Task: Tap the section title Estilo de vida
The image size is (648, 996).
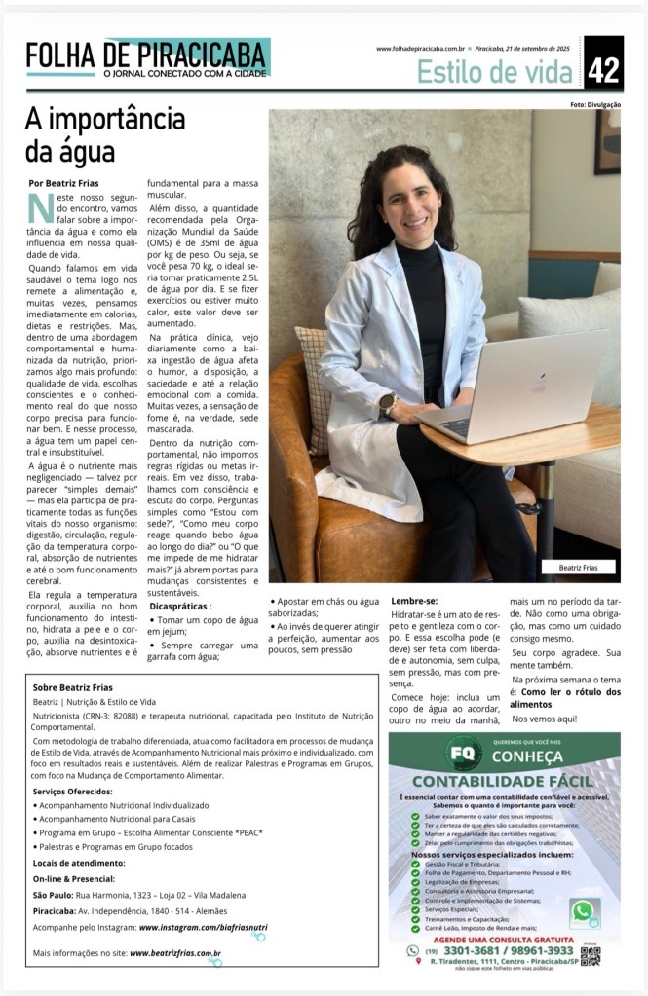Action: tap(494, 70)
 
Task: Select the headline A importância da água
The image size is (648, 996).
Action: tap(105, 134)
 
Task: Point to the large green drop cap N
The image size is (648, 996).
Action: tap(41, 208)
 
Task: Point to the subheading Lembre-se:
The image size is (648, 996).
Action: tap(414, 601)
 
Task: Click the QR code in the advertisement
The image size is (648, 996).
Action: tap(590, 955)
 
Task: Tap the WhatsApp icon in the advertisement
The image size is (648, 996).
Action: tap(584, 911)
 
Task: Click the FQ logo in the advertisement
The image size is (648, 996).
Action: tap(464, 754)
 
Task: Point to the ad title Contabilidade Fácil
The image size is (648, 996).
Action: tap(503, 781)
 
